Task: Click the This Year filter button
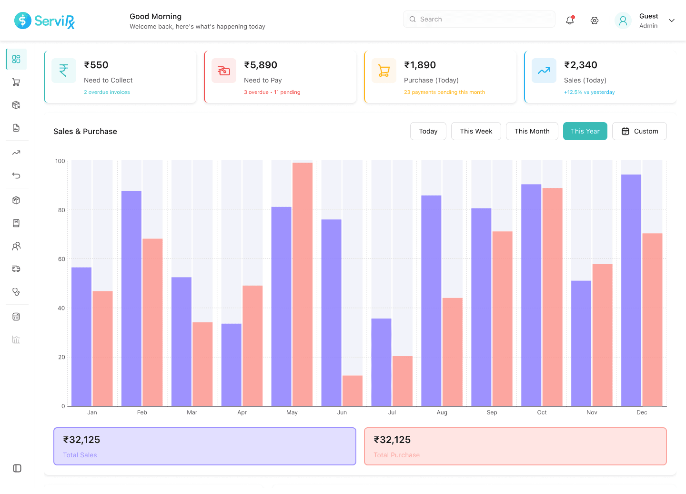[585, 131]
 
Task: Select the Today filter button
[428, 131]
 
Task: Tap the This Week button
[475, 131]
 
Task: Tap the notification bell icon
[570, 21]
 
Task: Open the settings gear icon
[594, 21]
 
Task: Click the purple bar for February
[131, 298]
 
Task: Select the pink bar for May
[303, 284]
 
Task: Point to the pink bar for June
[353, 391]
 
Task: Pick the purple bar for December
[631, 290]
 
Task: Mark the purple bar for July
[381, 362]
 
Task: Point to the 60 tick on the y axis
[61, 259]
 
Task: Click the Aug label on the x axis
[442, 412]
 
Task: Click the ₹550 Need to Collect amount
[96, 65]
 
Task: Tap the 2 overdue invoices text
[107, 92]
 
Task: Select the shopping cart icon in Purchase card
[383, 71]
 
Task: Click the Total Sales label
[80, 455]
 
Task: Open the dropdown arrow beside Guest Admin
[672, 21]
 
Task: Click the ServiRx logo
[45, 21]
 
